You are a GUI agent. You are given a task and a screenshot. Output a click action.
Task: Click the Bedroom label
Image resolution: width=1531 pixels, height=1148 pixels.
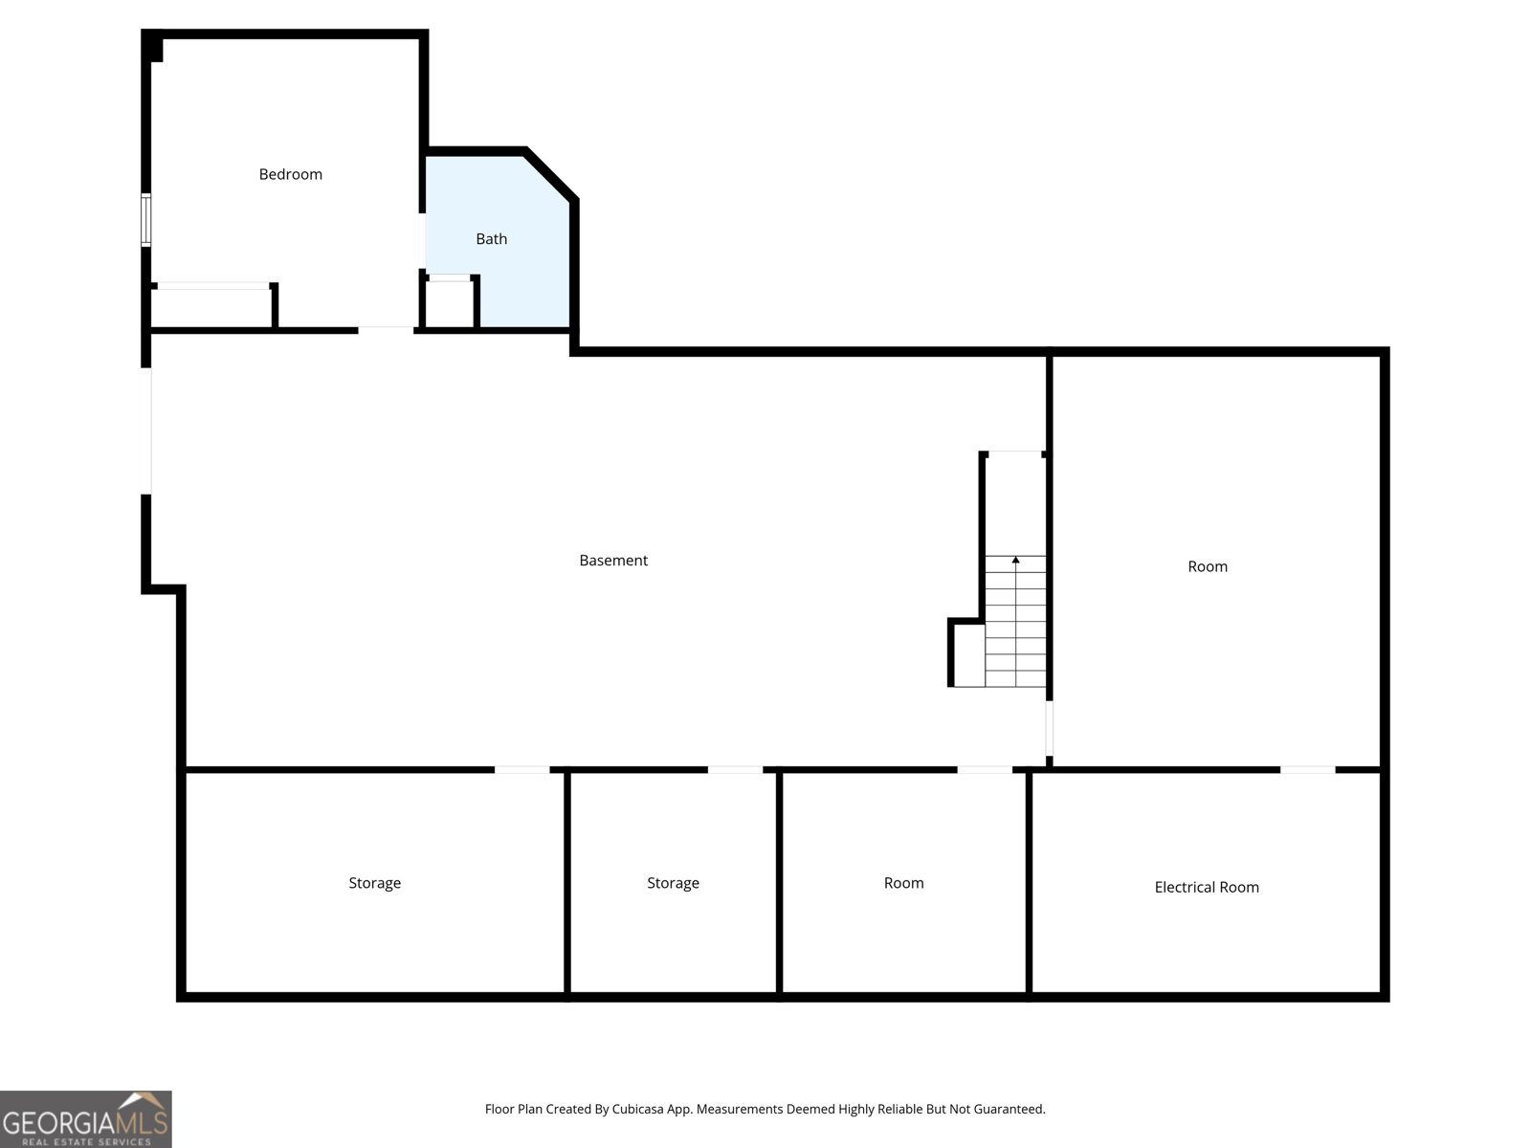pos(290,174)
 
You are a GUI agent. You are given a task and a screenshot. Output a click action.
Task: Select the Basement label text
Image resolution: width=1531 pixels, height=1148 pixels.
pos(613,561)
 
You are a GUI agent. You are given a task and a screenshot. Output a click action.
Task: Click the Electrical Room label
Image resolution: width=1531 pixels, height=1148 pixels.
pos(1207,887)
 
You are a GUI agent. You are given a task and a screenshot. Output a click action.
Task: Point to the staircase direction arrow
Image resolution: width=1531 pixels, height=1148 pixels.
pos(1015,561)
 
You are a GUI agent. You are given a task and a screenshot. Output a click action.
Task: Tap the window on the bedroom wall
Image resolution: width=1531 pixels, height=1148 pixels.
pos(146,220)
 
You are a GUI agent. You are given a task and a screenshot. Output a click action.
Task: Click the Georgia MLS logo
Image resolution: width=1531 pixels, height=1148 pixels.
pos(86,1119)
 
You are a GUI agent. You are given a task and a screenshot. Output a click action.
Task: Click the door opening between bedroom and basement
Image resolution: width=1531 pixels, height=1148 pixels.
pos(386,330)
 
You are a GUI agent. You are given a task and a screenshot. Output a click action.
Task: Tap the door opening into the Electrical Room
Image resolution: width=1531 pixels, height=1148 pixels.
pos(1307,769)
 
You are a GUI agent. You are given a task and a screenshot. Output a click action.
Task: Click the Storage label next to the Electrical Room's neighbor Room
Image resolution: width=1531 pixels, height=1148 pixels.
pos(673,883)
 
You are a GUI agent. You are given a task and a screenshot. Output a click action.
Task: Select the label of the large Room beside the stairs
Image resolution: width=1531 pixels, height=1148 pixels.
pos(1208,566)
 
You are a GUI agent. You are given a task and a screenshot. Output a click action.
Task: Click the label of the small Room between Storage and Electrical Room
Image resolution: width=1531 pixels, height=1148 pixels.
pos(903,883)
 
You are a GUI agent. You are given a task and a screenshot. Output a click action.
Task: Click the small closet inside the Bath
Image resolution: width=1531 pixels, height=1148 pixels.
pos(449,304)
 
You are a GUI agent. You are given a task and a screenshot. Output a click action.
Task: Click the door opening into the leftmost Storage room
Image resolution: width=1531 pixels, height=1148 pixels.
pos(521,769)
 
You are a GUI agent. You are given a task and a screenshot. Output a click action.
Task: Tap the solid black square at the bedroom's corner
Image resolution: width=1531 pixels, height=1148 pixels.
pos(153,48)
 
